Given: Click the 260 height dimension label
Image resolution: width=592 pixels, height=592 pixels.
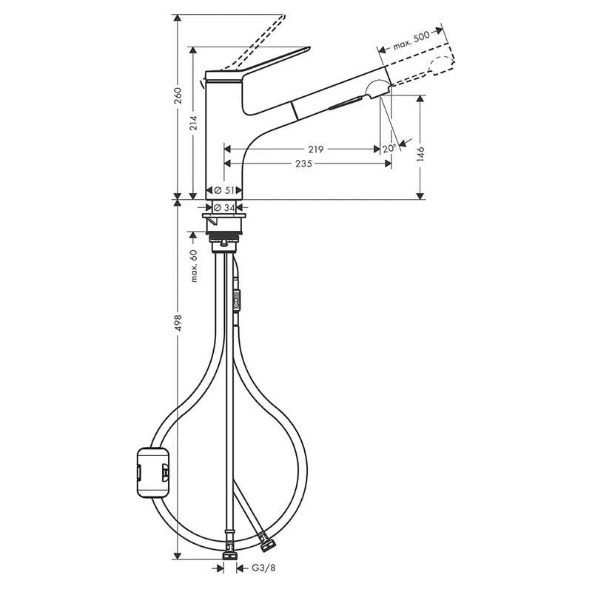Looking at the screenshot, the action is pyautogui.click(x=178, y=95).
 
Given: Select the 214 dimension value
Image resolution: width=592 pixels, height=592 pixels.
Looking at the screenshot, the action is pyautogui.click(x=193, y=123).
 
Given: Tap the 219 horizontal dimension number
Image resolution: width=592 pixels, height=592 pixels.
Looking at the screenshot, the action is pyautogui.click(x=316, y=149).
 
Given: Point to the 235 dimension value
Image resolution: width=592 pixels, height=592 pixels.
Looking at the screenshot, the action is pyautogui.click(x=304, y=164).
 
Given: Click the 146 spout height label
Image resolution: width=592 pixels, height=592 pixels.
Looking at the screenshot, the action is pyautogui.click(x=420, y=154).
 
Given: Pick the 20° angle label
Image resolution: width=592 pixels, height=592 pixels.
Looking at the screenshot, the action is pyautogui.click(x=389, y=149).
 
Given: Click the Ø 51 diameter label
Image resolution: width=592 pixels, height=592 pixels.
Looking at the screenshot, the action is pyautogui.click(x=224, y=190).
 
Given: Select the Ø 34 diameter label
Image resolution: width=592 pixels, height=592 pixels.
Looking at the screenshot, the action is pyautogui.click(x=224, y=207).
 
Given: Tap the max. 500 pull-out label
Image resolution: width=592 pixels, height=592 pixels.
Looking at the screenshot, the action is pyautogui.click(x=411, y=41).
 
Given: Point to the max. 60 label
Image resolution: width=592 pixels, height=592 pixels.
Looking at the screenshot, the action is pyautogui.click(x=194, y=266).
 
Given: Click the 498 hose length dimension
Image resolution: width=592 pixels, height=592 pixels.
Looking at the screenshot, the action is pyautogui.click(x=178, y=323).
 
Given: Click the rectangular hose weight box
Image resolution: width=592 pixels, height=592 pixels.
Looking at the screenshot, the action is pyautogui.click(x=153, y=472).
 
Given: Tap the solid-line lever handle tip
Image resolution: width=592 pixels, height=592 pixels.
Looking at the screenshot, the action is pyautogui.click(x=309, y=48).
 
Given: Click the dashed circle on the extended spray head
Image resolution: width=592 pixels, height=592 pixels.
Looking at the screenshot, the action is pyautogui.click(x=441, y=66).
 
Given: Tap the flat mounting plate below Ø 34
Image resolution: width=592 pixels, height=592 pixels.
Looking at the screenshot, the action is pyautogui.click(x=224, y=215).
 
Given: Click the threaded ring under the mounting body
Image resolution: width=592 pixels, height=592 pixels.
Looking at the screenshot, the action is pyautogui.click(x=224, y=238).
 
